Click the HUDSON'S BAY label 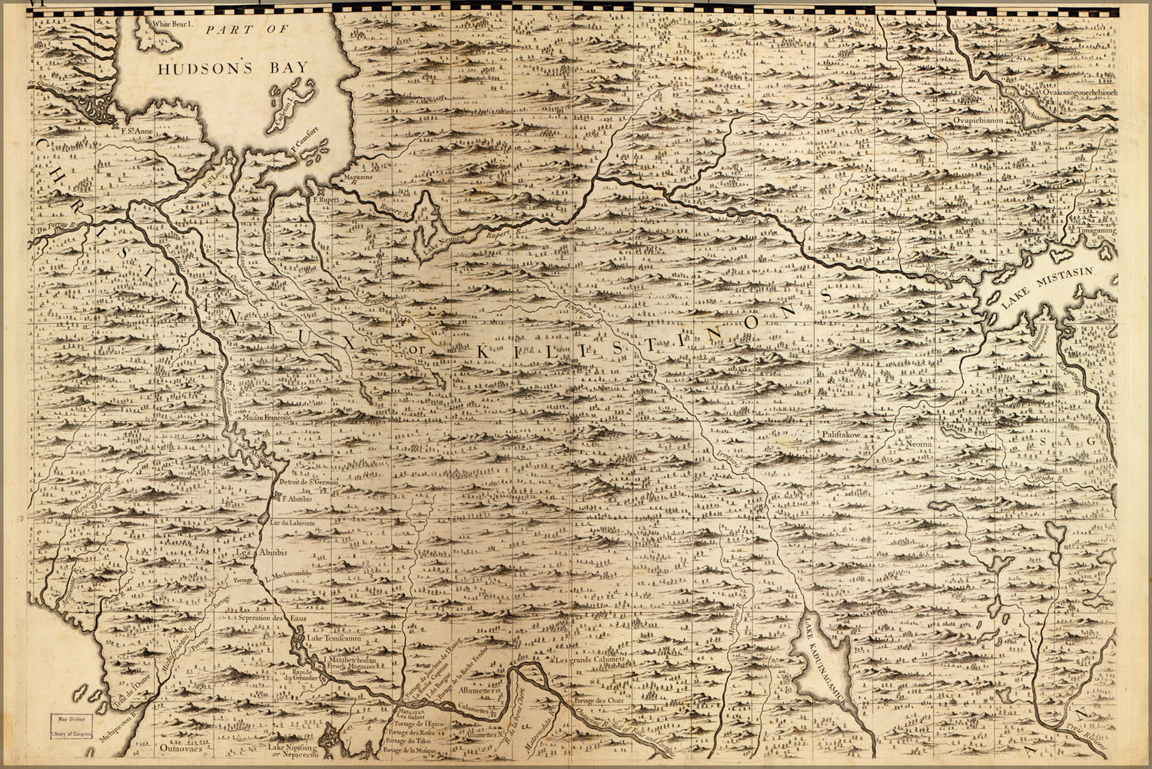point(233,68)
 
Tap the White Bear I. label point(175,24)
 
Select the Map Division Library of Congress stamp point(72,726)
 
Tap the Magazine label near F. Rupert point(358,177)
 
